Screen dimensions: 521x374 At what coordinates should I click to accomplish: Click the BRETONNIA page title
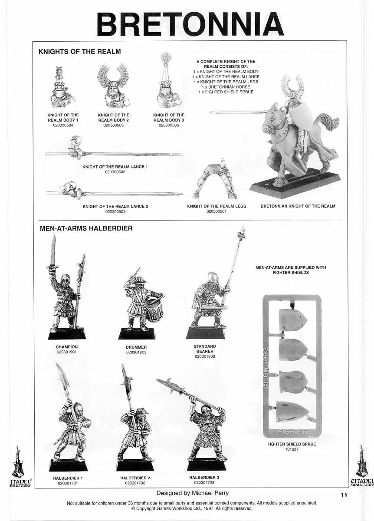tap(190, 24)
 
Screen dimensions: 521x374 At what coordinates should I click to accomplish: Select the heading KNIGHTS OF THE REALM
tap(79, 52)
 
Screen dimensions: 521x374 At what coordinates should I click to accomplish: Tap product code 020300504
tap(63, 125)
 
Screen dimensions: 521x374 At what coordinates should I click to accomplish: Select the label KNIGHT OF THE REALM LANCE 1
tap(115, 167)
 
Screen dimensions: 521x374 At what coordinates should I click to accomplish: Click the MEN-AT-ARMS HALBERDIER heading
tap(85, 228)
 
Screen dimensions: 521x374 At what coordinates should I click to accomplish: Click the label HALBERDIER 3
tap(204, 478)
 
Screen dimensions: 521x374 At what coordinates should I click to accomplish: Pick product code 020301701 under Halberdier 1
tap(68, 483)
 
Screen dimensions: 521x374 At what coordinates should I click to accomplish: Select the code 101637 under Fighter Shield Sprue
tap(292, 449)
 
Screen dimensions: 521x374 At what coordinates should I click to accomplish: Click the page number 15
tap(344, 495)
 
